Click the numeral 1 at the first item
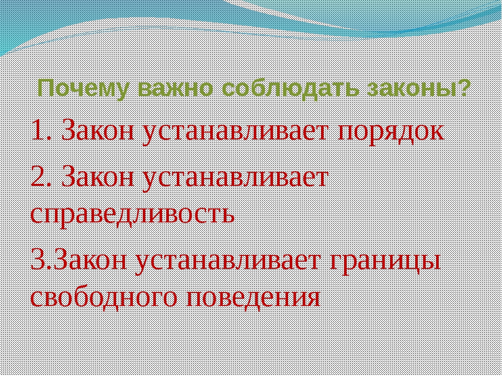click(x=38, y=130)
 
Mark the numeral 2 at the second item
click(x=38, y=177)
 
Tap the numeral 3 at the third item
click(x=38, y=261)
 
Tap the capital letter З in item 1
click(x=70, y=130)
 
